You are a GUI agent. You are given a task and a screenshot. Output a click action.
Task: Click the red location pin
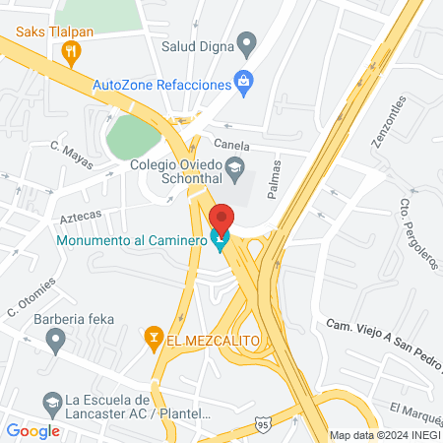221,218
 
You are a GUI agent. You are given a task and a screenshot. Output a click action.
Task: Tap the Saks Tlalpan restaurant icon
70,50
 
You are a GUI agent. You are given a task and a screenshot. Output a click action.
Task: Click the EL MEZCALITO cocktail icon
153,340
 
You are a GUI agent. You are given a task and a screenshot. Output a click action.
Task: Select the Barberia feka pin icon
56,341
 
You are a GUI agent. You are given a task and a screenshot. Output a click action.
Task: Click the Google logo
32,430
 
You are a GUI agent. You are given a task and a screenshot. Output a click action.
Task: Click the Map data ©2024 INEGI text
385,435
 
